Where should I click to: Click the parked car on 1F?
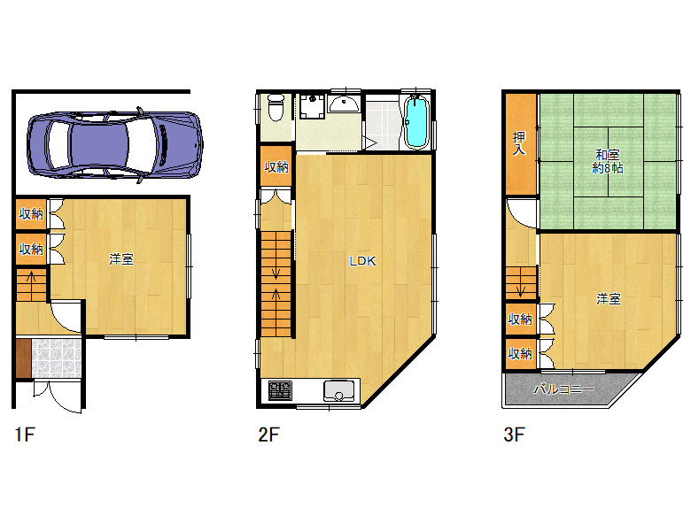(x=114, y=144)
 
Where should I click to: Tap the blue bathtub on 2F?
(x=416, y=122)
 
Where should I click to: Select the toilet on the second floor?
(x=276, y=107)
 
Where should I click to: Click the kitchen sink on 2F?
(x=339, y=390)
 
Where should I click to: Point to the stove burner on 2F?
(x=280, y=390)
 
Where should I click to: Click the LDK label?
(x=362, y=261)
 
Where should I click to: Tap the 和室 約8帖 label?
(x=607, y=161)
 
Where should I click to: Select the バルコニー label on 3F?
(x=563, y=389)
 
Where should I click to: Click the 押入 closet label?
(x=519, y=143)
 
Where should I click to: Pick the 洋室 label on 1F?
(x=121, y=259)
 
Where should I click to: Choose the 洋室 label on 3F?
(x=609, y=299)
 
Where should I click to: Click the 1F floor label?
(x=25, y=435)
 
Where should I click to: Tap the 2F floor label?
(x=268, y=435)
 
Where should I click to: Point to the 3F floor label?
(x=515, y=435)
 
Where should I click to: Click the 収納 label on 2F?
(x=276, y=167)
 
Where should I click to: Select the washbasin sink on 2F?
(x=345, y=104)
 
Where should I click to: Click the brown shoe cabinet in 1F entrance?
(x=24, y=358)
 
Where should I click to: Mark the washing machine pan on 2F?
(x=312, y=106)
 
